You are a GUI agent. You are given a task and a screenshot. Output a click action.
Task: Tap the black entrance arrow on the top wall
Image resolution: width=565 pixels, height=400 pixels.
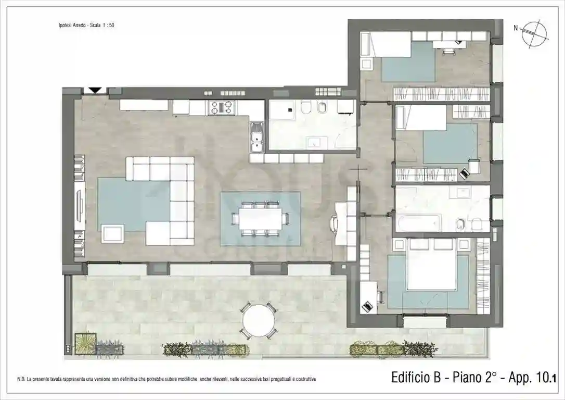pos(95,90)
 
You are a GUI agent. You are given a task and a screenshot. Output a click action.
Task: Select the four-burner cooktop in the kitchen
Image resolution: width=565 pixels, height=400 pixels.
pos(223,107)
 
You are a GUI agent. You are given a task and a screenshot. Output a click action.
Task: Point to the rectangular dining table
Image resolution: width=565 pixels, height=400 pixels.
pos(260,219)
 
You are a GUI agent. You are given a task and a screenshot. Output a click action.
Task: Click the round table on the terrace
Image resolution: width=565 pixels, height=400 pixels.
pos(258,320)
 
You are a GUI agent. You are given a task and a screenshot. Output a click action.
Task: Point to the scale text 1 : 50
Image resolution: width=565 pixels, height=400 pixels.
pos(107,25)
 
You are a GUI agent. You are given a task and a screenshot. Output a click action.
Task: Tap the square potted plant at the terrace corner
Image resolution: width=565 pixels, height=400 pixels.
pos(84,344)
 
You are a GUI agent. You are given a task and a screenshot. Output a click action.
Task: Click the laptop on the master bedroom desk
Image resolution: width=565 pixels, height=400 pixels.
pos(367,306)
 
